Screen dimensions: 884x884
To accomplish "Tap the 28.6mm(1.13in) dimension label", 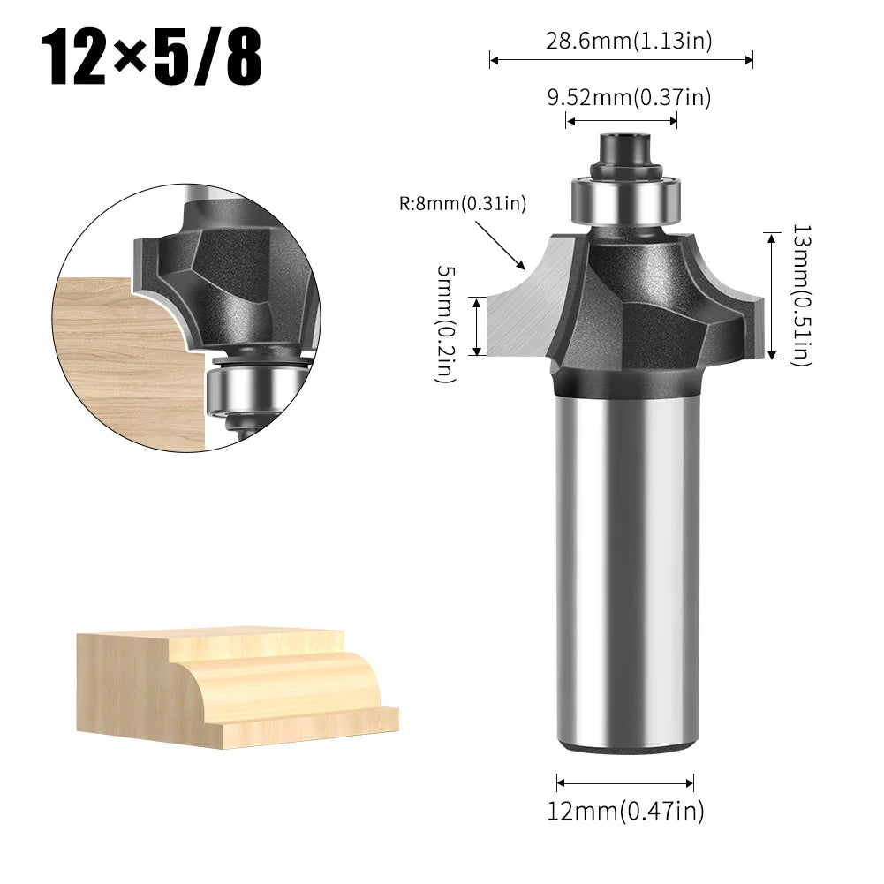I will (x=628, y=40).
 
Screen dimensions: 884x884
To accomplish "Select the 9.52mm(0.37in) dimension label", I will (x=628, y=97).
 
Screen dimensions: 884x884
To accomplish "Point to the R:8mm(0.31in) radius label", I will (x=462, y=205).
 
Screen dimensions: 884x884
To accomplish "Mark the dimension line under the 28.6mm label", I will (x=621, y=60).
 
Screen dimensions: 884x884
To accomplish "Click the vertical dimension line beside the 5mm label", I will (x=478, y=326).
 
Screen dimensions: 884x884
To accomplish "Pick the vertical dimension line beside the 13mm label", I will (x=772, y=295).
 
